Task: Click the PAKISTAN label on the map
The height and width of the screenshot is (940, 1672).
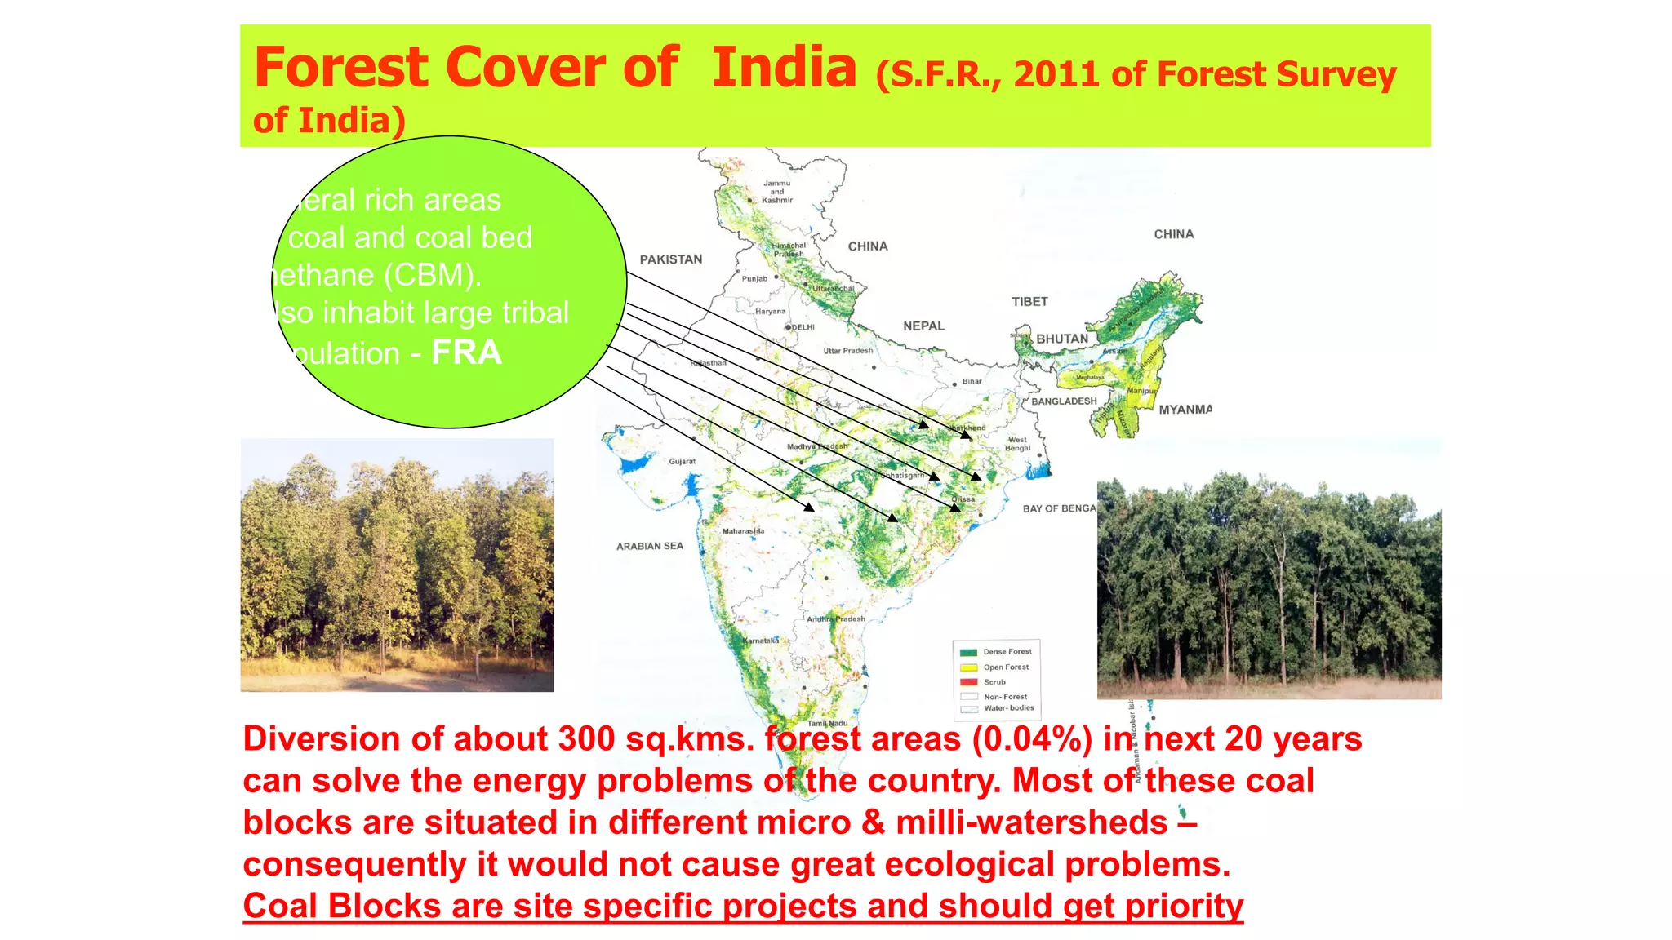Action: coord(670,259)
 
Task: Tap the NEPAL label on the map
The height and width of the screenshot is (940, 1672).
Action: coord(923,326)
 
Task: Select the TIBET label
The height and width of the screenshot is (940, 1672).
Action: coord(1029,302)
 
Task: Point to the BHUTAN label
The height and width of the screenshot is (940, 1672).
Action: coord(1062,339)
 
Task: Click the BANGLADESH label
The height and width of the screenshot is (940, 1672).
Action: coord(1064,401)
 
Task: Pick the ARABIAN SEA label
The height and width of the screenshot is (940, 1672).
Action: coord(650,546)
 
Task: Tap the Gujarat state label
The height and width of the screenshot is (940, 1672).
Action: coord(683,462)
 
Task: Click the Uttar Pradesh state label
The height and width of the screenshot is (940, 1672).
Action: coord(847,351)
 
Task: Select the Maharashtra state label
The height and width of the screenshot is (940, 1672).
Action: coord(743,531)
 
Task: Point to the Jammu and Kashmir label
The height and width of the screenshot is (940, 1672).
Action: coord(777,192)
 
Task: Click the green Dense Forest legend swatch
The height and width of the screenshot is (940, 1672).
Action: coord(969,652)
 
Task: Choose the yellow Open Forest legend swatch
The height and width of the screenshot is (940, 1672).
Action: coord(969,667)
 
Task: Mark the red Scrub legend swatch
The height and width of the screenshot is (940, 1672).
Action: coord(969,682)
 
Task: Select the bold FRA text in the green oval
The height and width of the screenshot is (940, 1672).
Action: coord(466,352)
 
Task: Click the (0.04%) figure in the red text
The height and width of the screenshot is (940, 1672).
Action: coord(1032,739)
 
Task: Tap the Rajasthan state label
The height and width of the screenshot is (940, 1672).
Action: coord(708,362)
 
